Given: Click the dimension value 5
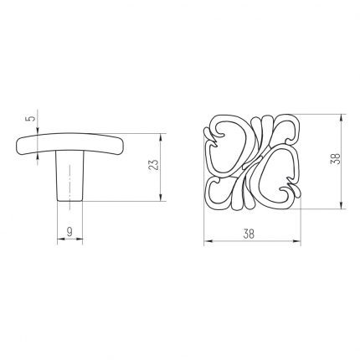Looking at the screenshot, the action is click(x=33, y=118).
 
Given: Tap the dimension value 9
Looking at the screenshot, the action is click(x=69, y=231).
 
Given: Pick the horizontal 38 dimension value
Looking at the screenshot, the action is click(x=249, y=234).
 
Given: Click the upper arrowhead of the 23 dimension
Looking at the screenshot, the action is click(x=161, y=138).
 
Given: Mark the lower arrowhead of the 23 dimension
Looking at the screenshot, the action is click(x=161, y=197).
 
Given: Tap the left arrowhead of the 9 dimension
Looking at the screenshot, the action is click(x=61, y=239).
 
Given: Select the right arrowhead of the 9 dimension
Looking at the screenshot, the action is click(x=79, y=239).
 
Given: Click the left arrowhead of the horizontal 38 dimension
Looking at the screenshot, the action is click(x=208, y=241).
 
